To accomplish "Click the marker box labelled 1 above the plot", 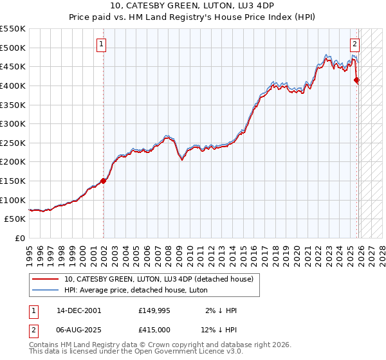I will pos(102,44).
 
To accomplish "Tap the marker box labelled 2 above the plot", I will pos(354,44).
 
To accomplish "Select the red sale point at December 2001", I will pos(103,181).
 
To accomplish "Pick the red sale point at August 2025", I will pos(357,80).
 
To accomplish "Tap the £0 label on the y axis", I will pos(19,238).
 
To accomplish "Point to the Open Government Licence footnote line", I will pos(136,352).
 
